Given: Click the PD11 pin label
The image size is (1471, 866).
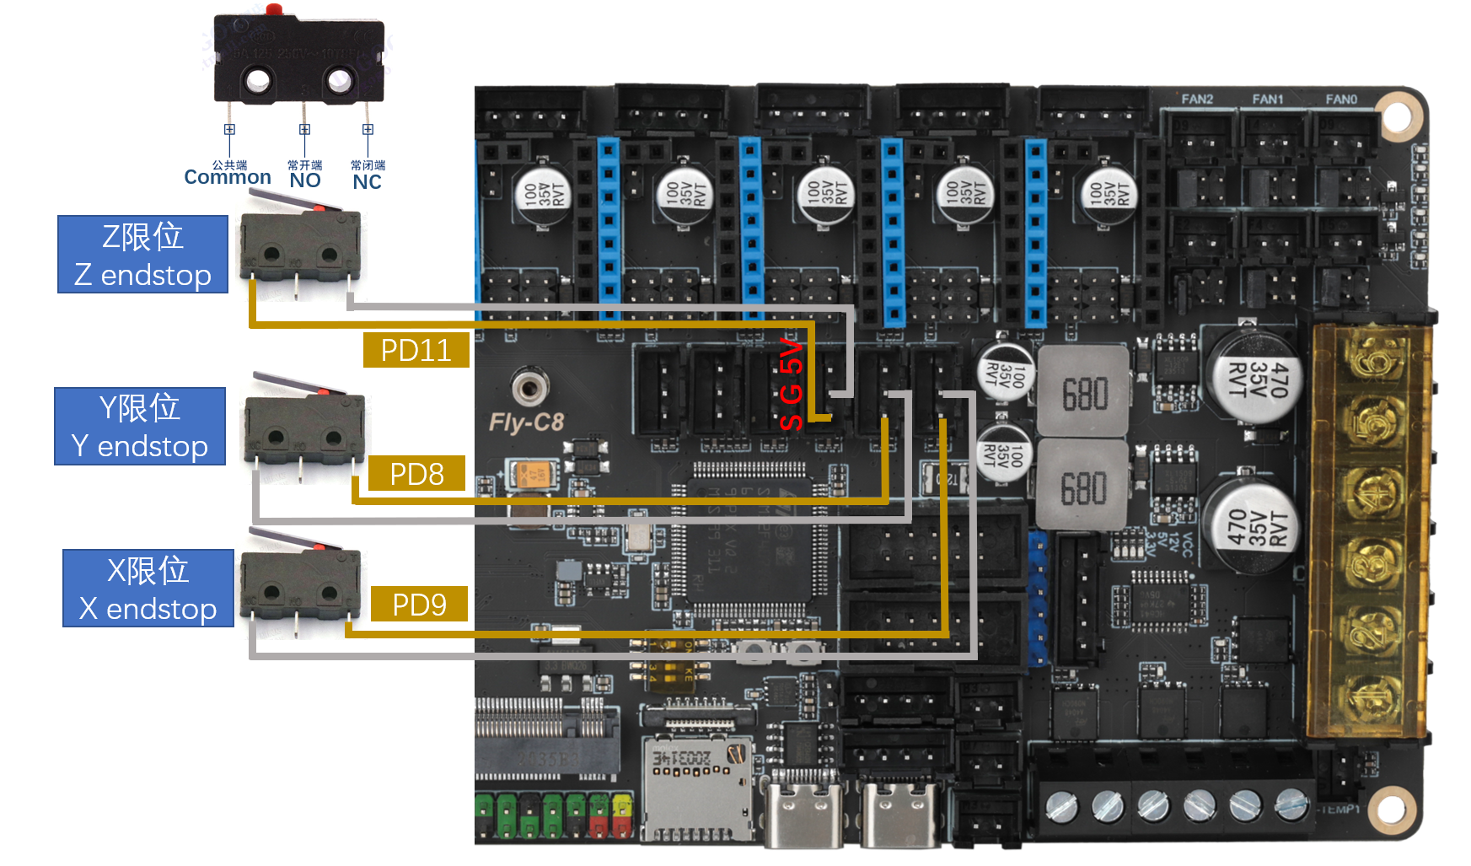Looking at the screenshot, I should [x=416, y=350].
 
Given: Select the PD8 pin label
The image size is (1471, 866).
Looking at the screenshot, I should [x=416, y=474].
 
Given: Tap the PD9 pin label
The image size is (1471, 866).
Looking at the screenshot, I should [x=419, y=605].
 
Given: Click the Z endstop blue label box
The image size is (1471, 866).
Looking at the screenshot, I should [x=142, y=255].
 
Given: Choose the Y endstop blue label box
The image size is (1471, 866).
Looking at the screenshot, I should [x=140, y=427].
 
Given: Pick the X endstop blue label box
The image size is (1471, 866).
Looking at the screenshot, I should [x=148, y=589].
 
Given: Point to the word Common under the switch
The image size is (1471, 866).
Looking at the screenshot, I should [x=228, y=177].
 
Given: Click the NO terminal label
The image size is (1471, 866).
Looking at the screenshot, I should [x=305, y=180].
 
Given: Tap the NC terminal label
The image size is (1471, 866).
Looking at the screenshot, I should [x=368, y=182].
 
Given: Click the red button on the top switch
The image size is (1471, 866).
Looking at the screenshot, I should [x=274, y=10].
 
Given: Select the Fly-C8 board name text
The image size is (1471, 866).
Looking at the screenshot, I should [x=526, y=422].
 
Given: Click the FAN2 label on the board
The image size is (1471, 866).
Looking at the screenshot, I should [x=1197, y=100].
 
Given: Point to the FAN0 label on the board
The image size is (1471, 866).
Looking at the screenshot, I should [x=1341, y=100].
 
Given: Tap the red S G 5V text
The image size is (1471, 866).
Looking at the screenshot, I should [x=792, y=384].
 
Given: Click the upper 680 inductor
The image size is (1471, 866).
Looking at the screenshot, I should [x=1083, y=393].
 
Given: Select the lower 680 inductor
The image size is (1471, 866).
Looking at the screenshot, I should [x=1083, y=488].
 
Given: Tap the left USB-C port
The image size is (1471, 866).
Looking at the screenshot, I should [x=803, y=814].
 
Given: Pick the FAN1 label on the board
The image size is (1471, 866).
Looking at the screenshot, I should [x=1268, y=100].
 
